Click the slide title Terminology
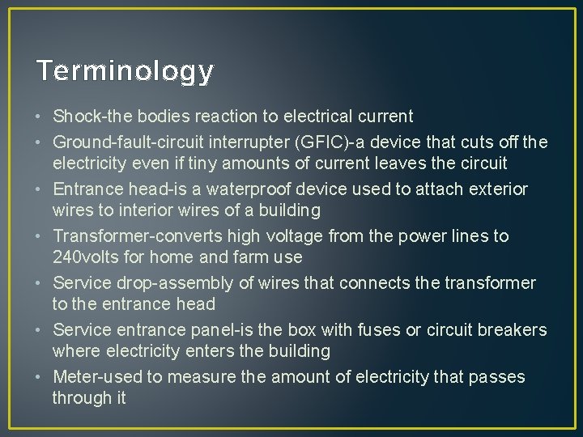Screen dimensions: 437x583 [126, 71]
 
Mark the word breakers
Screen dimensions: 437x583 [513, 330]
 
